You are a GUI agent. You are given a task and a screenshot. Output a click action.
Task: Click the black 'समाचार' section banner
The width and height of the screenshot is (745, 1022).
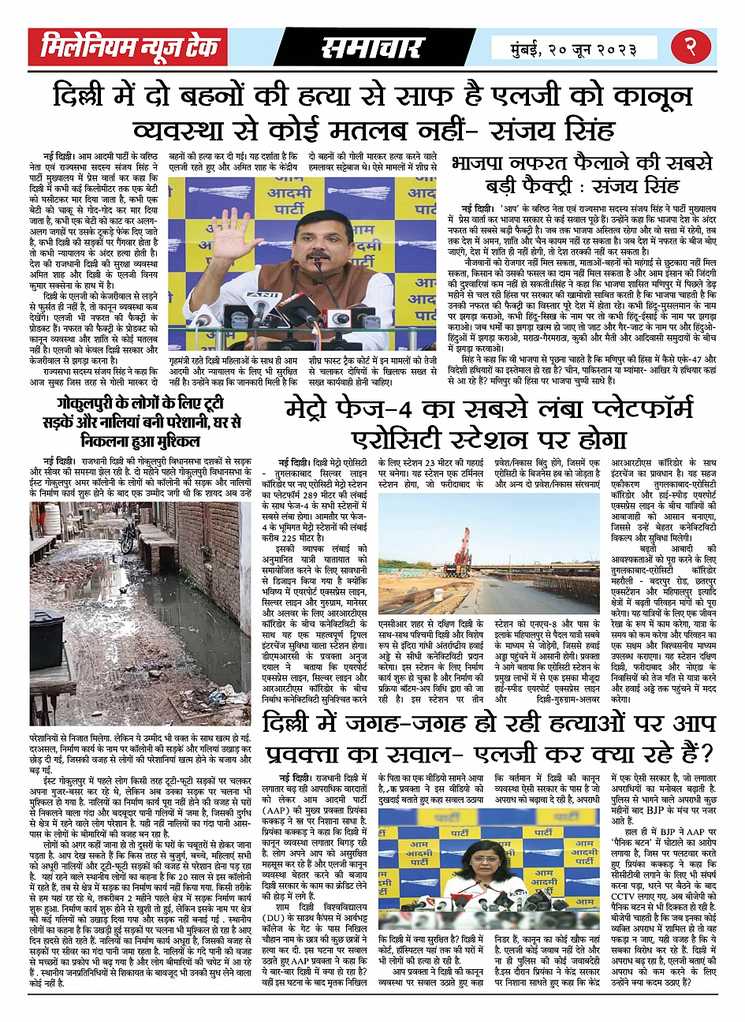[x=371, y=48]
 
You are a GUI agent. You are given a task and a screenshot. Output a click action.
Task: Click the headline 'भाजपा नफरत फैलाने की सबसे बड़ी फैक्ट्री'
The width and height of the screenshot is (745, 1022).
[x=582, y=174]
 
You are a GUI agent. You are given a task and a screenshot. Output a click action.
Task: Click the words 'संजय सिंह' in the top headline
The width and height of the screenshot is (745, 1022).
[x=633, y=128]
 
